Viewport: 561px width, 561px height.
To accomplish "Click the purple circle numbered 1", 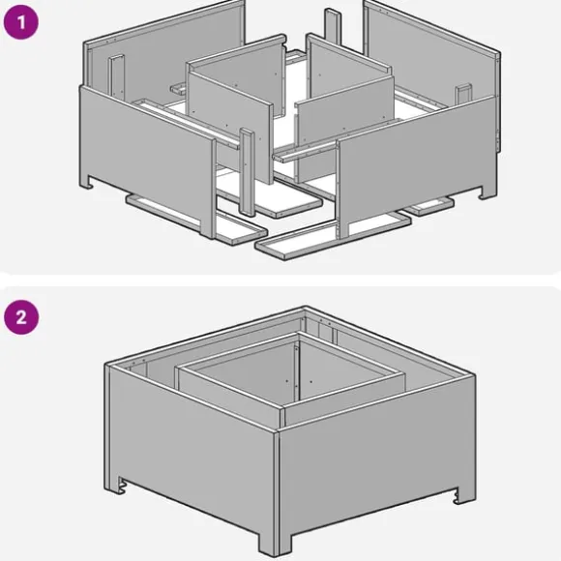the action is click(x=20, y=22).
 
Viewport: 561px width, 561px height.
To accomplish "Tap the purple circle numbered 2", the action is click(x=21, y=317).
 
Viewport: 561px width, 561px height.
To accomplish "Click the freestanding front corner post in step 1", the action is click(x=248, y=172).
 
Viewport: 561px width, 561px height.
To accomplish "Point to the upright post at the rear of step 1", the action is click(x=333, y=26).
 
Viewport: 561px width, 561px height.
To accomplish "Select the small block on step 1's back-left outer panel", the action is click(x=117, y=76).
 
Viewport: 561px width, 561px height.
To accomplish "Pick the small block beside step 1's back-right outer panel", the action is click(x=463, y=93).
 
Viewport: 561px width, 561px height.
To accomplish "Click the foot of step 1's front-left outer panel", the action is click(x=87, y=182).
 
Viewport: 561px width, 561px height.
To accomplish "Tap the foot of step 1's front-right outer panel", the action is click(x=488, y=192).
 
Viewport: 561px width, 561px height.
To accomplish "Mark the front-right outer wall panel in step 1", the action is click(x=417, y=163).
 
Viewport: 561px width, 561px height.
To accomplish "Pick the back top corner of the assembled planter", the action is click(x=305, y=308).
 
